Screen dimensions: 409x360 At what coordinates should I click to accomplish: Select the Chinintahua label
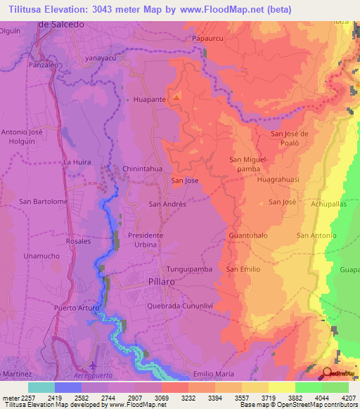143,169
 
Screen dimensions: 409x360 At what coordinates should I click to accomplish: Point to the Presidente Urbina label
146,240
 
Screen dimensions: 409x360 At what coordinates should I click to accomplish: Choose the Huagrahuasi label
278,179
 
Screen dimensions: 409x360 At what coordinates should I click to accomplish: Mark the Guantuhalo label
248,235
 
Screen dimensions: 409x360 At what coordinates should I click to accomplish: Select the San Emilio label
243,269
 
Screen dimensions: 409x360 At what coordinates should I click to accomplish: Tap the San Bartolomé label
44,202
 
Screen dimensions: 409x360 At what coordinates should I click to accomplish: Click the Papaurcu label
206,39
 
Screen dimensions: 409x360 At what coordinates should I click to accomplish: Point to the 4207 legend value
348,397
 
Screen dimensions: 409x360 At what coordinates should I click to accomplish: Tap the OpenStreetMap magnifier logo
328,374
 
